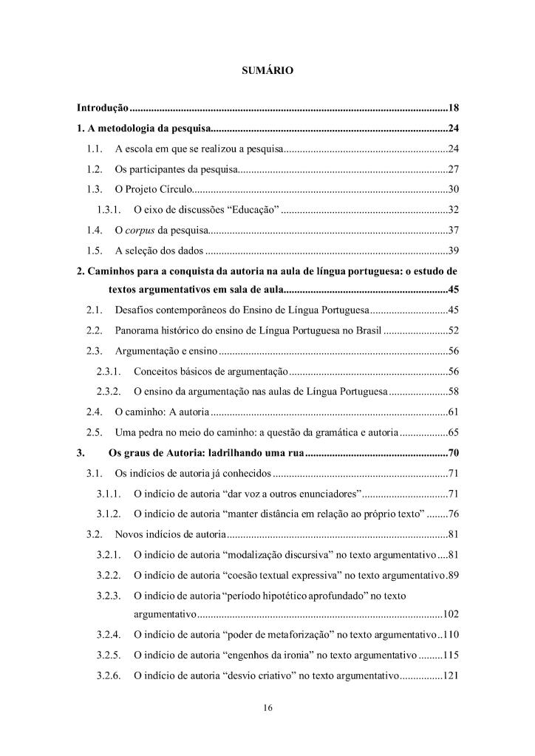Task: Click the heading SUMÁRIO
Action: pos(267,71)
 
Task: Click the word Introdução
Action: pos(103,109)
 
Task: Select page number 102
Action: pos(451,614)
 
